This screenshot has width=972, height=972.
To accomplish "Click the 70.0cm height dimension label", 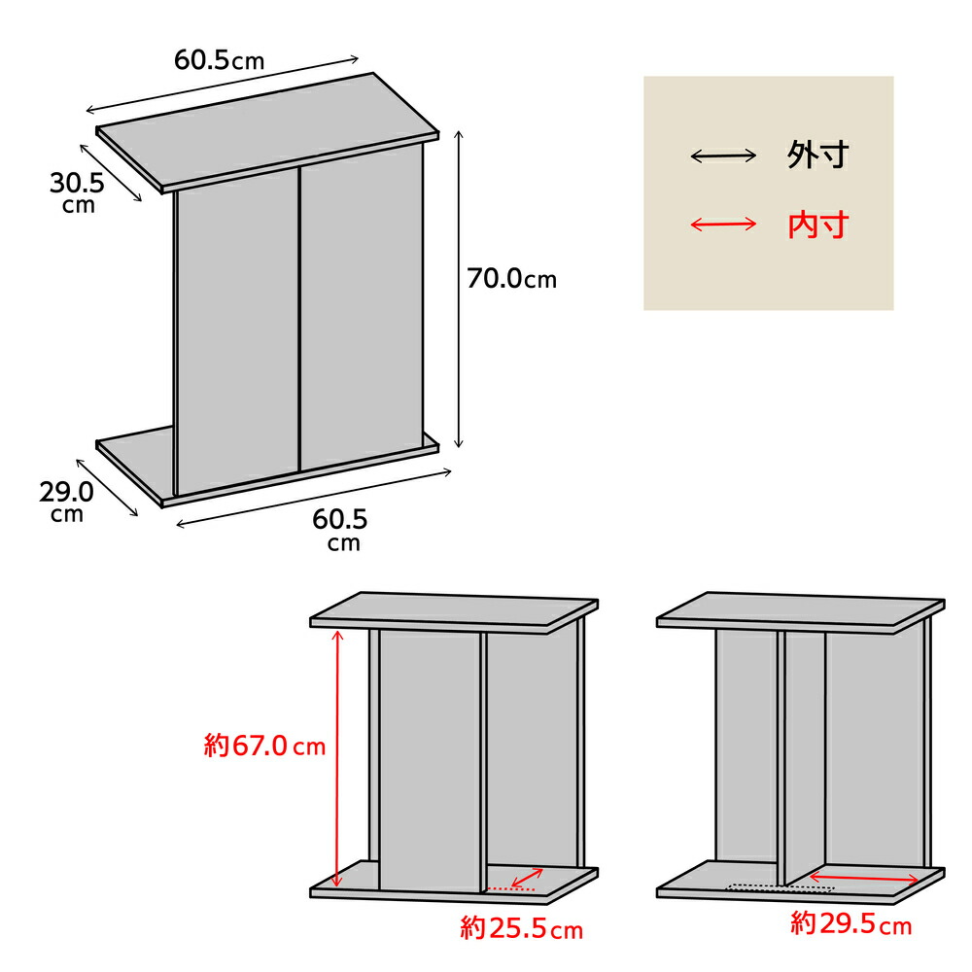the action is (x=511, y=279).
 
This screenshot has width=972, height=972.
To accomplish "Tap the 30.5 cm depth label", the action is (x=78, y=192).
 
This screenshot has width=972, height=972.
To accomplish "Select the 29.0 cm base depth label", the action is (x=66, y=501).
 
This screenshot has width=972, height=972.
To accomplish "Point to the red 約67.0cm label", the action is (x=264, y=746).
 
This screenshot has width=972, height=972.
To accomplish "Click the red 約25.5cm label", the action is (x=521, y=928).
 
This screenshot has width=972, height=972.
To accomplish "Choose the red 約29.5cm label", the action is (x=851, y=923).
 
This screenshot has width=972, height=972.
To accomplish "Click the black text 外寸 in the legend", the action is (x=817, y=155).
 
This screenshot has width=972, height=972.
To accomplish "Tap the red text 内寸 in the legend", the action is (x=817, y=225).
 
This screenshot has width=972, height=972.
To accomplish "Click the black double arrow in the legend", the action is (x=723, y=156).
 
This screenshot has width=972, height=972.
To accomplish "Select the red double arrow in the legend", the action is (x=723, y=224).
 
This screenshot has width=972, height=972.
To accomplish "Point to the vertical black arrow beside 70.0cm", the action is (x=459, y=289).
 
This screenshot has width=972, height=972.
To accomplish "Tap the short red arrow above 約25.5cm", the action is (x=527, y=878).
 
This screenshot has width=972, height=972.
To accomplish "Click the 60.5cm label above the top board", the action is (x=220, y=60).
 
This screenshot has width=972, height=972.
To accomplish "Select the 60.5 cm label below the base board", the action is (x=340, y=529).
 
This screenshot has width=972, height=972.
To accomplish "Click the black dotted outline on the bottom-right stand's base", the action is (x=781, y=887).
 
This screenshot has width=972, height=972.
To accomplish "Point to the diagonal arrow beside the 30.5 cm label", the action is (x=111, y=173).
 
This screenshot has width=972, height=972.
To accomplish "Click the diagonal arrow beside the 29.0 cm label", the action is (x=107, y=487).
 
